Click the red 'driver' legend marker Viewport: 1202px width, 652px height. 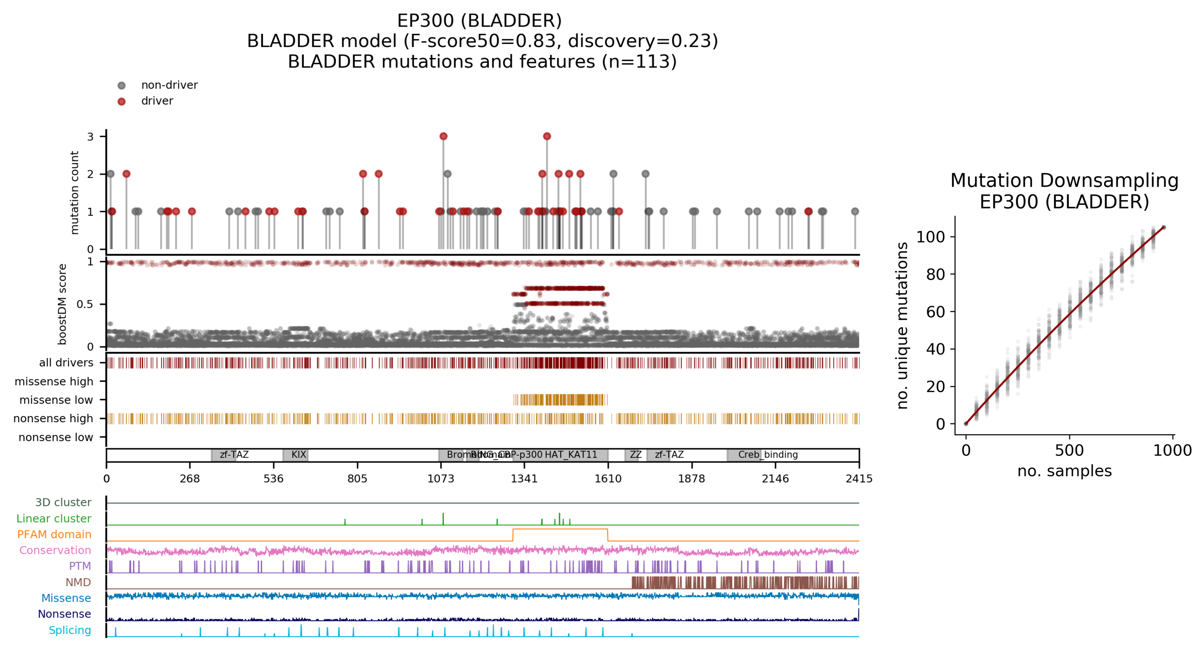click(121, 101)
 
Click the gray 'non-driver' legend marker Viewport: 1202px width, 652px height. click(121, 85)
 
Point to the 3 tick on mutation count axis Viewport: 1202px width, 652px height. click(90, 136)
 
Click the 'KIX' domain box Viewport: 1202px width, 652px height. click(295, 455)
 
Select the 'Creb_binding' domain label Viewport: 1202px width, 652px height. click(767, 455)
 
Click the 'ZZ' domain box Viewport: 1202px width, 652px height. click(632, 455)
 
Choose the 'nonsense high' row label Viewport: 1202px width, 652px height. click(53, 418)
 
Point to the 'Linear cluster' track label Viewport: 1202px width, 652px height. click(54, 518)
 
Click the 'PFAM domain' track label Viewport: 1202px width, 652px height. click(54, 534)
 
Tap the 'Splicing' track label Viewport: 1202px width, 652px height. click(70, 630)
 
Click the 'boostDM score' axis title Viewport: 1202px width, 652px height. click(62, 305)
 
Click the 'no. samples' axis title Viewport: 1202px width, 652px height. click(1064, 471)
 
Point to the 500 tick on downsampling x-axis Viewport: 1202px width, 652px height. click(1069, 451)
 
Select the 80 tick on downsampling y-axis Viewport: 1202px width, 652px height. click(935, 274)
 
